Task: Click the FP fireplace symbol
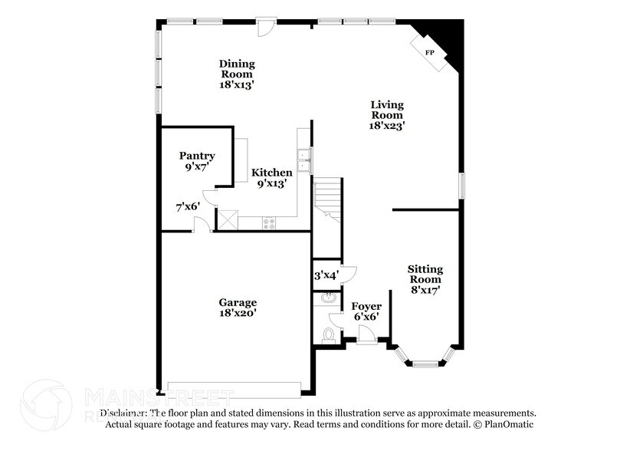point(429,52)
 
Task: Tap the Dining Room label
point(237,69)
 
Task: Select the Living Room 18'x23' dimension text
point(387,126)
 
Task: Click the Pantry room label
point(197,156)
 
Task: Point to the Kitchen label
point(272,173)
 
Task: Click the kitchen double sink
point(304,158)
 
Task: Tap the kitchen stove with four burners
point(270,223)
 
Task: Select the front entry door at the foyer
point(366,336)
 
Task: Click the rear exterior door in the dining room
point(266,25)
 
